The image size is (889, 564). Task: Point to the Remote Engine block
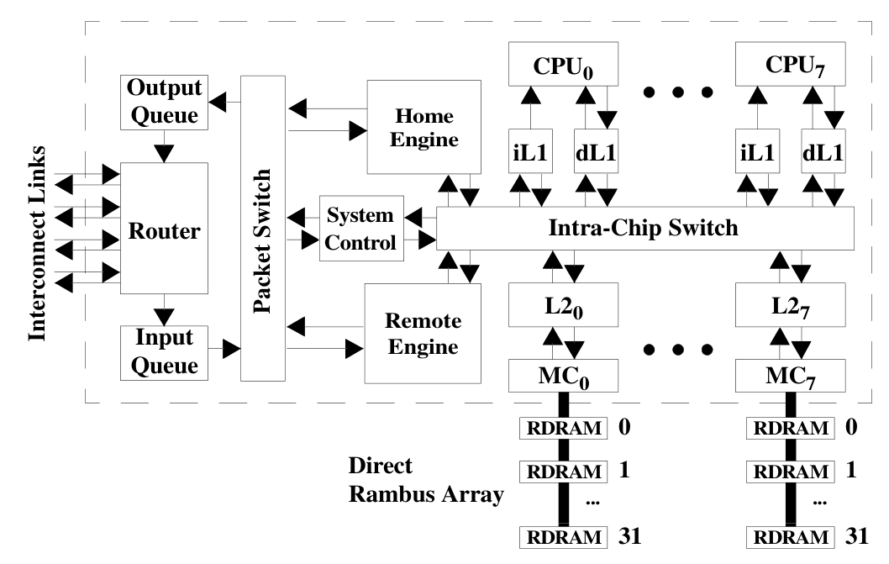(x=423, y=333)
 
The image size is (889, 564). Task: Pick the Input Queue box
(x=165, y=351)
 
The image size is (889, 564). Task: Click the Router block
(x=164, y=228)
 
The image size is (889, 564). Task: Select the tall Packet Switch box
(x=263, y=228)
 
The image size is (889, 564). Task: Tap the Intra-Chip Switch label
(x=644, y=228)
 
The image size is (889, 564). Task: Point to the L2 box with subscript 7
(x=788, y=305)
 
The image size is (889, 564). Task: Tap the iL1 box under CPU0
(x=528, y=154)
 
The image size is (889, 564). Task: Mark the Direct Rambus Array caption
(x=426, y=481)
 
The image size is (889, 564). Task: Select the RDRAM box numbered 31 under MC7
(x=788, y=535)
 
